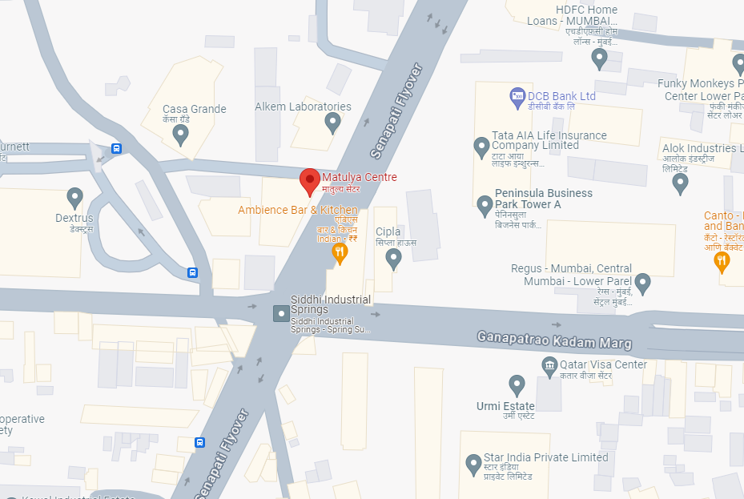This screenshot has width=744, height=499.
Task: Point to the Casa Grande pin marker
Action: tap(181, 135)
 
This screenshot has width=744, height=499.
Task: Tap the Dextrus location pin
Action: tap(75, 196)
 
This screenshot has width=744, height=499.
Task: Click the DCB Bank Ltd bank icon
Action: tap(517, 96)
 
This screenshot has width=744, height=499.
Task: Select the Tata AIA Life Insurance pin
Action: tap(481, 147)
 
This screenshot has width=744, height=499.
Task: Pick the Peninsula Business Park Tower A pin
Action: tap(485, 205)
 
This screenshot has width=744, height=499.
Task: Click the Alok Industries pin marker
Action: tap(681, 183)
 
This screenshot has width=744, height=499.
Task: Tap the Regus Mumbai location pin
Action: tap(642, 283)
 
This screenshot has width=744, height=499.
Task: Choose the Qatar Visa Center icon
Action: tap(550, 368)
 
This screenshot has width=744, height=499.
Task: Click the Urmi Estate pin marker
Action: tap(517, 385)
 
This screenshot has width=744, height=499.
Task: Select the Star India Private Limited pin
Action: tap(474, 463)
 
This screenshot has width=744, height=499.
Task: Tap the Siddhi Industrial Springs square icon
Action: tap(281, 313)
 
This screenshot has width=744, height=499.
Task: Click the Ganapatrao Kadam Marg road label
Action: tap(554, 340)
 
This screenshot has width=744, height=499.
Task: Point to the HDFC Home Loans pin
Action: tap(599, 57)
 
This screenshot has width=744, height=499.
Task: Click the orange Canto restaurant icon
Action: tap(722, 261)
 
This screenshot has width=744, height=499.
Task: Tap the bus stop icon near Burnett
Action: tap(117, 148)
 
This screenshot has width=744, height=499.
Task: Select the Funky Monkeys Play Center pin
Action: tap(738, 63)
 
